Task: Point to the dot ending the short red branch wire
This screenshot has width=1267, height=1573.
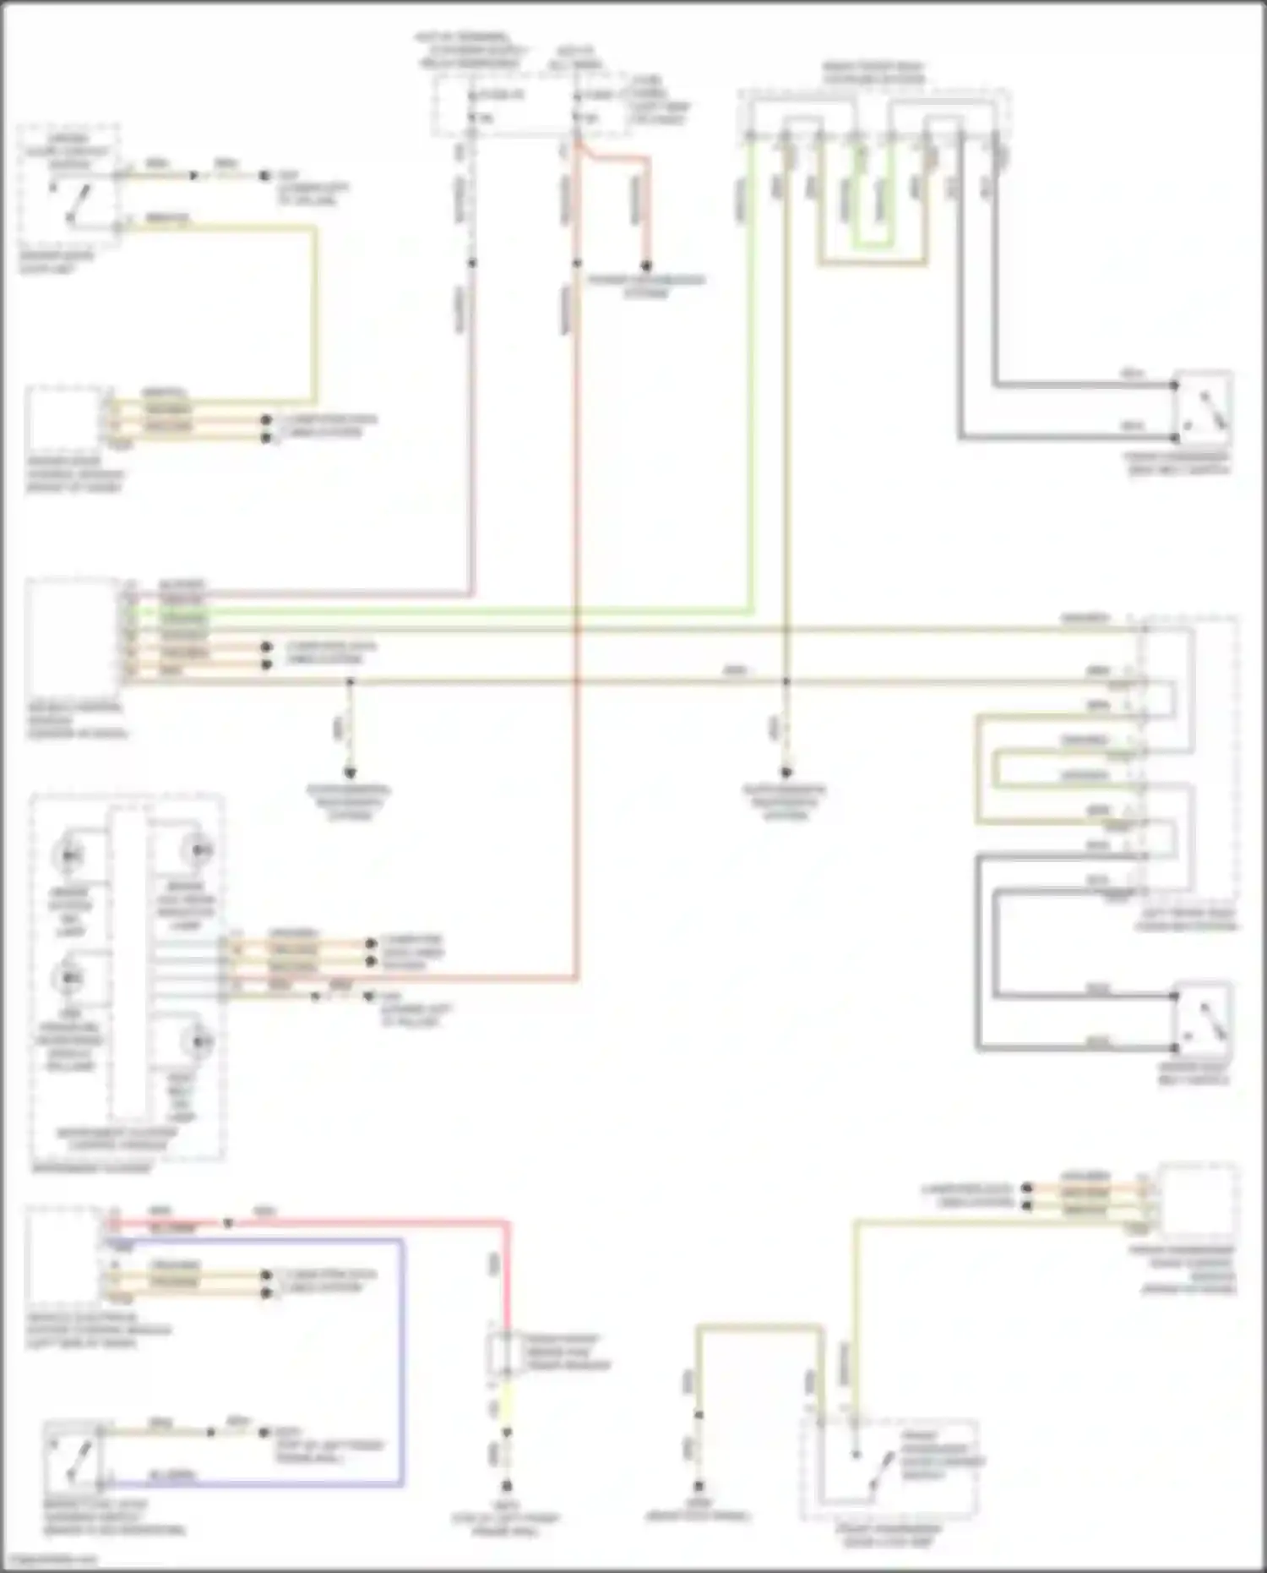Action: (x=646, y=265)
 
